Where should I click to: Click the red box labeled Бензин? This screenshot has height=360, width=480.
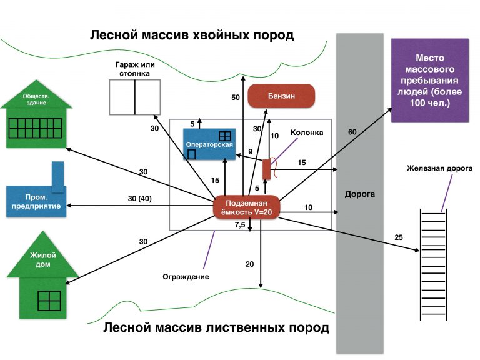[x=281, y=97]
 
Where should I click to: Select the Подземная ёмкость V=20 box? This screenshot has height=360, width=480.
[x=246, y=208]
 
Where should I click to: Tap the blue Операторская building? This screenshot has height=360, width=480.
[x=209, y=145]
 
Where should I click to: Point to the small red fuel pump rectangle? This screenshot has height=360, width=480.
[x=266, y=169]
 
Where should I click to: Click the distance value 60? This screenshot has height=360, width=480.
[x=352, y=132]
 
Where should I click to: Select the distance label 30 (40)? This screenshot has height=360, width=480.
[x=139, y=199]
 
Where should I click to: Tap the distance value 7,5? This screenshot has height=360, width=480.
[x=239, y=225]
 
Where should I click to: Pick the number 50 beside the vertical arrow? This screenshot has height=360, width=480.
[x=236, y=97]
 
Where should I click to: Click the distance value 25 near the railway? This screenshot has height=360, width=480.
[x=398, y=237]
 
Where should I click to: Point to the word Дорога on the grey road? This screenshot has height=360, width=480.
[x=359, y=194]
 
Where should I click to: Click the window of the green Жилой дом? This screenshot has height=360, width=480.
[x=49, y=301]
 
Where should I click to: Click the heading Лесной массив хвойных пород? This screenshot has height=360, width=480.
[x=191, y=34]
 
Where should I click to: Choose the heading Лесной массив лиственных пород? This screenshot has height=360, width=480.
[x=216, y=328]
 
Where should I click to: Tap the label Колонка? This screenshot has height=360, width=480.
[x=307, y=133]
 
